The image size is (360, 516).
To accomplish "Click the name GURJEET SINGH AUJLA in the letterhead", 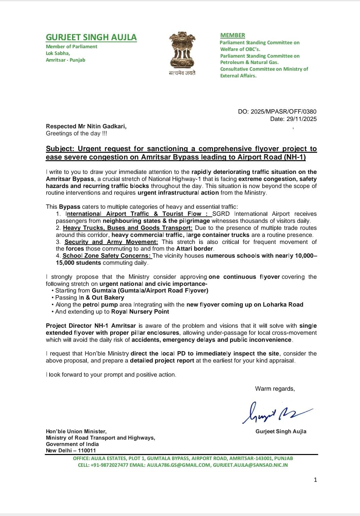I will click(91, 37).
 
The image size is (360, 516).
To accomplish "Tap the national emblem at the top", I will click(182, 50).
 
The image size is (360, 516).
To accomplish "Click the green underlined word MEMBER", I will click(232, 35).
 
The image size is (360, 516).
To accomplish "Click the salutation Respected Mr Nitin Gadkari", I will click(86, 126).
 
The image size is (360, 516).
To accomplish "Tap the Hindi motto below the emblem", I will click(182, 73).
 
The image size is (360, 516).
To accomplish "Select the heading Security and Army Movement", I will click(111, 242).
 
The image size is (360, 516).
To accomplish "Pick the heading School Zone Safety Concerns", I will click(107, 256).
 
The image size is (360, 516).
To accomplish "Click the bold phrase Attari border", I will click(195, 249).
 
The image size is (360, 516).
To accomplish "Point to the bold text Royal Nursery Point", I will click(140, 312).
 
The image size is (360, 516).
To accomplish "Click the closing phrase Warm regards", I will click(275, 389).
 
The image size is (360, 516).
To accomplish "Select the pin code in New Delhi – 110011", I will click(87, 451).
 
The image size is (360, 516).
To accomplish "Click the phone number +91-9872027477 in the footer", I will click(109, 465).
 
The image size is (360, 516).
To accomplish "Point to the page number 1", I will click(315, 480).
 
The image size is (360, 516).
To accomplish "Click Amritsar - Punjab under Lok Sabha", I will click(66, 60).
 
